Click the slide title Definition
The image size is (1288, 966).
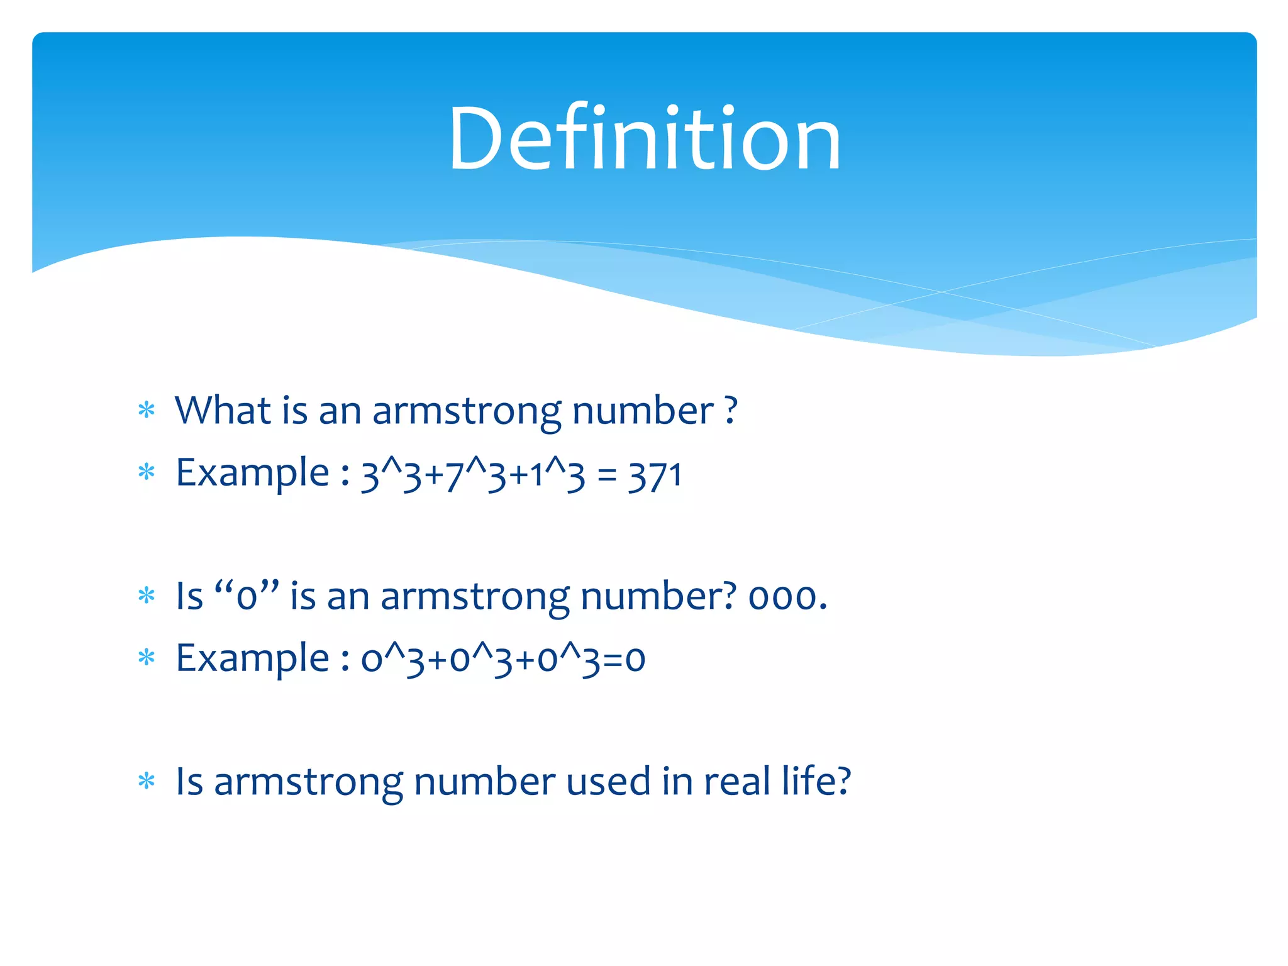point(645,138)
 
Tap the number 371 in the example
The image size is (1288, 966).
point(655,475)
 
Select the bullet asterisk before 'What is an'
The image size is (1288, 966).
point(147,411)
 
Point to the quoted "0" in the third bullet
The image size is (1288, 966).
point(247,595)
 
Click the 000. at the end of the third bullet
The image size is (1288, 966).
point(787,596)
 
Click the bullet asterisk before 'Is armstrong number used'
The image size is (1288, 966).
point(147,782)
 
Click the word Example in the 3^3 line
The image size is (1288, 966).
point(252,473)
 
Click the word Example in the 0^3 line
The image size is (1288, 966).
point(252,658)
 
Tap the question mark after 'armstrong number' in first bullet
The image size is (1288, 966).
point(730,411)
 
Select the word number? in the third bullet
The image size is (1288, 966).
point(658,596)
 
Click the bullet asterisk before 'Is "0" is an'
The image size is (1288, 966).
point(147,596)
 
